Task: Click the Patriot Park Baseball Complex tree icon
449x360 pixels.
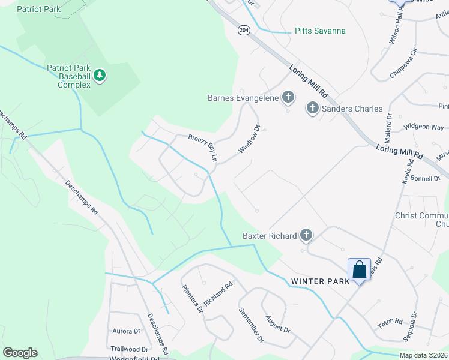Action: [100, 76]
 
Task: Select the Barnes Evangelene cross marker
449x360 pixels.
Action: [288, 97]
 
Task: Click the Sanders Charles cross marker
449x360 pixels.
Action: [312, 109]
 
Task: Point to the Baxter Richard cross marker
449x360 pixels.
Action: [306, 235]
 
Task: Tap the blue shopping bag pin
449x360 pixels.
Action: [359, 269]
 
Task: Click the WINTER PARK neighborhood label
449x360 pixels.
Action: [320, 281]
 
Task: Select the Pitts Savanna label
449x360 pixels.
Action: [320, 31]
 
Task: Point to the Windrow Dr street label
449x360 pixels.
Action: [250, 140]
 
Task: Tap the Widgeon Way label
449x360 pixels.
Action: [424, 127]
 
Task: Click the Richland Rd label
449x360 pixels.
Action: [217, 295]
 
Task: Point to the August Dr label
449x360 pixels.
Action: [277, 325]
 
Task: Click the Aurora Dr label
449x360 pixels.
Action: [126, 331]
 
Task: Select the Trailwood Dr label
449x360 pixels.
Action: [129, 349]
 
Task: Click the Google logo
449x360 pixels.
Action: [20, 353]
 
